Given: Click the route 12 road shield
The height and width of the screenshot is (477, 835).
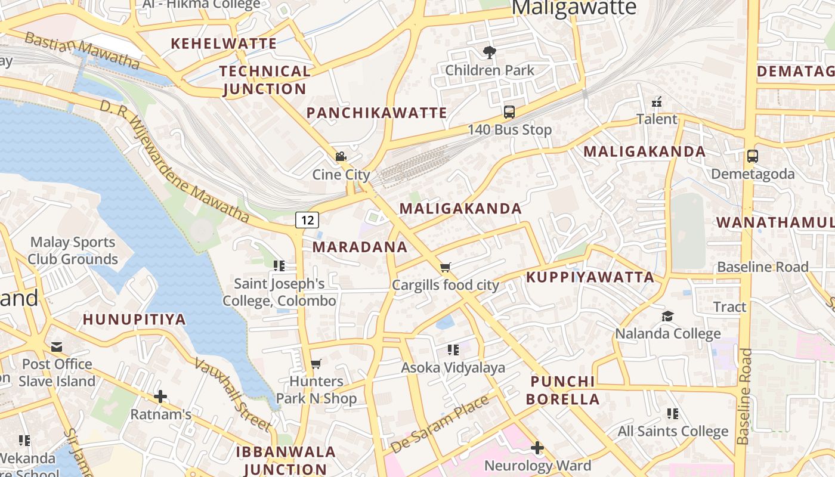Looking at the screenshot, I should [307, 220].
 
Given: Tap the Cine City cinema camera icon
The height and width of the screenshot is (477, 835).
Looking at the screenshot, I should [341, 157].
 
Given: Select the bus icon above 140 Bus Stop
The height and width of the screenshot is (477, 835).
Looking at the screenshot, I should [509, 111].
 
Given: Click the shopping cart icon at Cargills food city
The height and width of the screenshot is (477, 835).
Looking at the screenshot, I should [445, 267].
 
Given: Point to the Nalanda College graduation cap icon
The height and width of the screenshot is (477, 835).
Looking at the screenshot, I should [667, 315].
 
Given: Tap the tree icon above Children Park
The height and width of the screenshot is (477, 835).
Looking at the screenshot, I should [490, 52].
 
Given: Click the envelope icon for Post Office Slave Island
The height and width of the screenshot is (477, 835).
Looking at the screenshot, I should [57, 346].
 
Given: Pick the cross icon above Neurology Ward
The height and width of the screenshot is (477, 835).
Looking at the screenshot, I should [537, 447].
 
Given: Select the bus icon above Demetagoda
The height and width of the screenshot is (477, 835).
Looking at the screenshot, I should [752, 156].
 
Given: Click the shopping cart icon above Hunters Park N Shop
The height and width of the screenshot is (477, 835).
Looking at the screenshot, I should [316, 364].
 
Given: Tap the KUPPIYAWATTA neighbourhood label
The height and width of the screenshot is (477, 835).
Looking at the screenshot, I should [590, 277].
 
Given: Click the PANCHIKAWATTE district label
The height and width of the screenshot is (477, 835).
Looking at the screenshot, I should [376, 113].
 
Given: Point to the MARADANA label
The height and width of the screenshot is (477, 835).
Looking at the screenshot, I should [360, 247].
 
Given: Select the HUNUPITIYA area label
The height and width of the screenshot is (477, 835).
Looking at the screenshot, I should [134, 320].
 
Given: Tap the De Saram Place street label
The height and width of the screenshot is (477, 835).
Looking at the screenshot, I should [440, 423].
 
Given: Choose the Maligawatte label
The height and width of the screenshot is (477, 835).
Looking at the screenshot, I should [574, 8].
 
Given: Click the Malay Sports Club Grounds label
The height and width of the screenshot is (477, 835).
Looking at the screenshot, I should [73, 250].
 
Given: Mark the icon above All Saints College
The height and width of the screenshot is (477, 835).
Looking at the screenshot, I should [673, 413].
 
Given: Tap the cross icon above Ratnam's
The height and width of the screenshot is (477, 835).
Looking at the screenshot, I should [160, 397].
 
